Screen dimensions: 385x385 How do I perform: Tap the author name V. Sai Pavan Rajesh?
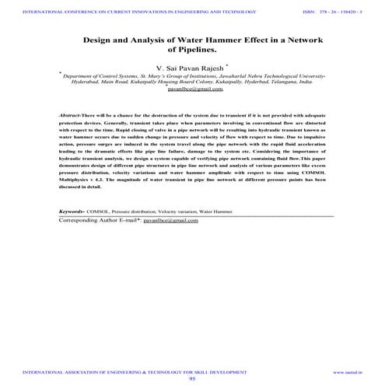[189, 68]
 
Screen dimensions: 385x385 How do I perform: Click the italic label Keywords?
[74, 212]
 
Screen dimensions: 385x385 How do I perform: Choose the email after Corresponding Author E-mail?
[176, 220]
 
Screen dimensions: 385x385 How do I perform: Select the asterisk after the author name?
[227, 65]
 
